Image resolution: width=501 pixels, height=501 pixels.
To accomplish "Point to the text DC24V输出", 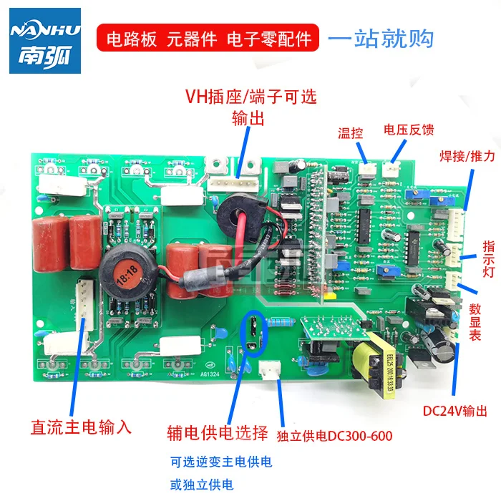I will coord(455,412).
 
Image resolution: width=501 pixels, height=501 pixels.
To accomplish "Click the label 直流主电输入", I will coord(81,427).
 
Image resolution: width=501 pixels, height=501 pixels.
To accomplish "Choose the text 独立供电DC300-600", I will coord(334,434).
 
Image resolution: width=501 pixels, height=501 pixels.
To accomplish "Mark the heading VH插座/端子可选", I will coord(250,95).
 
